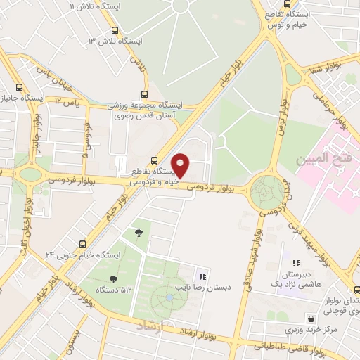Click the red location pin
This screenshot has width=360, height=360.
coord(181,165)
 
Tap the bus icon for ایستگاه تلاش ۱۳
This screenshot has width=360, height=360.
coord(115,30)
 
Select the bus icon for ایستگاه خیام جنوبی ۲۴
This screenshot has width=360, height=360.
coord(83,244)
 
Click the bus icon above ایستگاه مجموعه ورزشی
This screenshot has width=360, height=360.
coord(145,94)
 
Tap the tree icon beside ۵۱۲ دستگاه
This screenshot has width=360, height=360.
coord(114,279)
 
